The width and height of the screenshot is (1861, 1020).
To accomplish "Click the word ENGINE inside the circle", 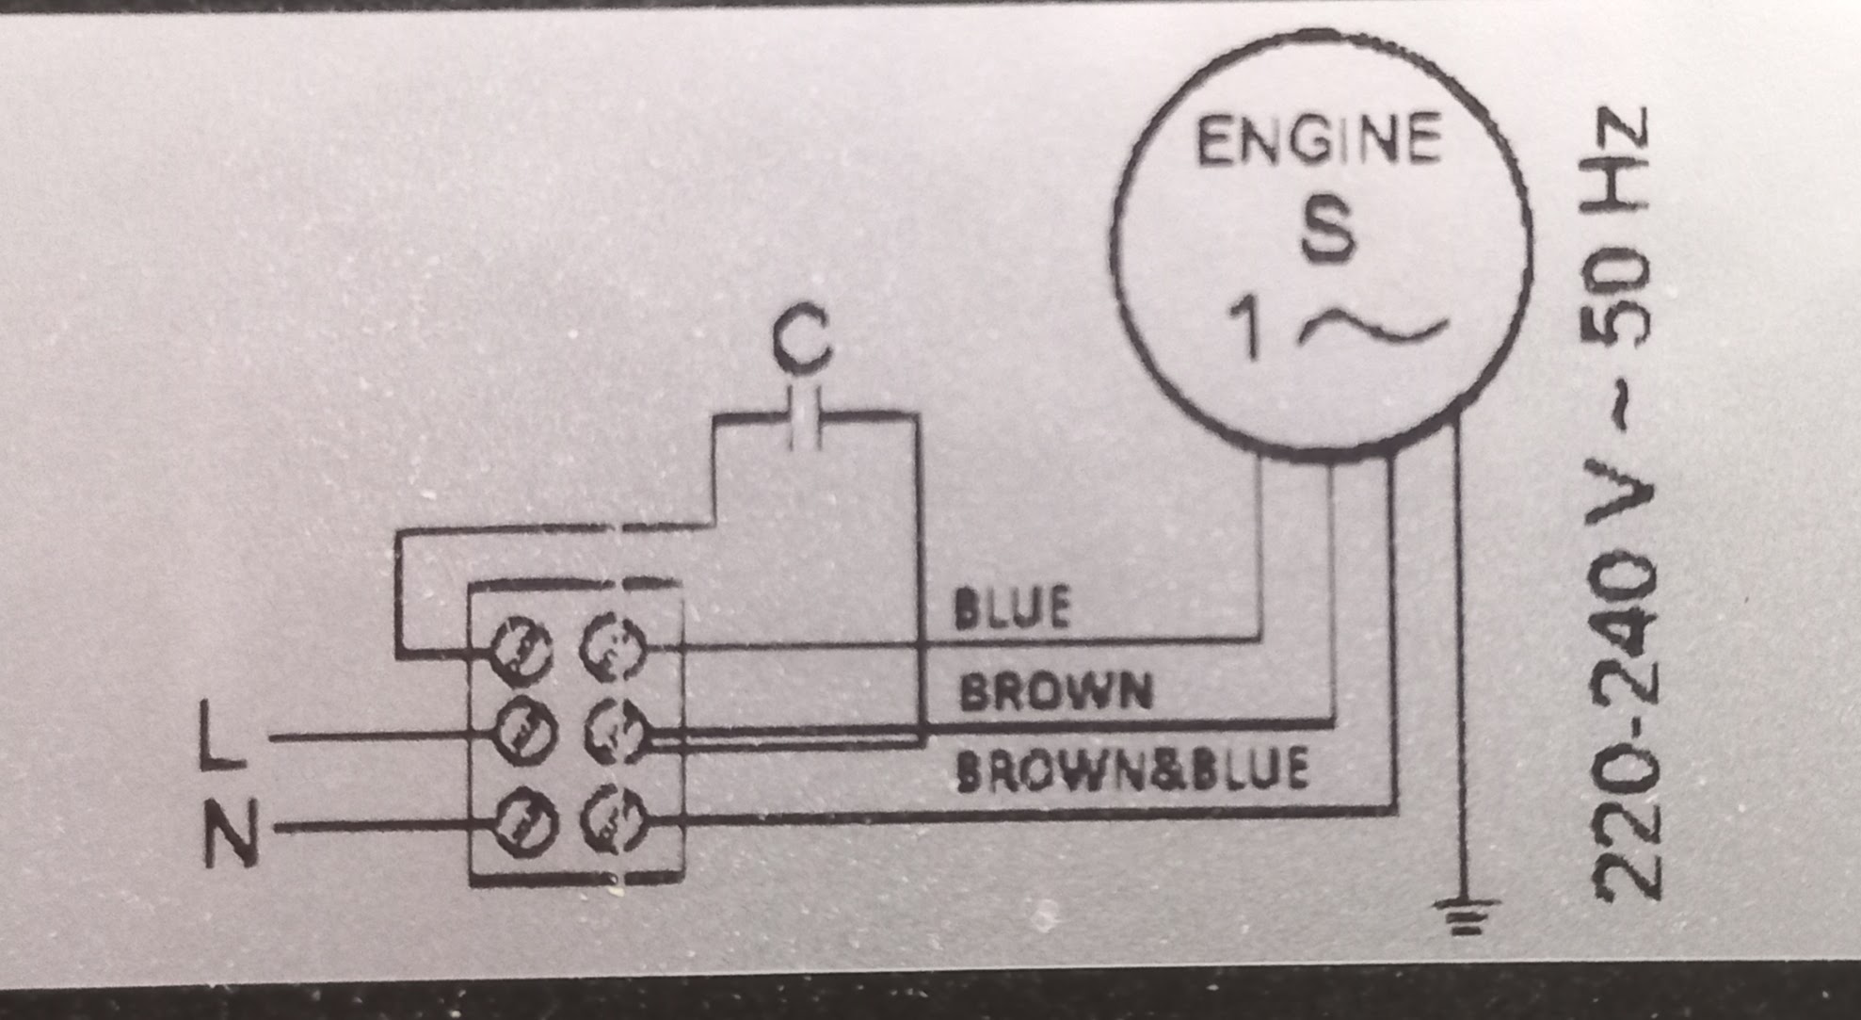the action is (1318, 140).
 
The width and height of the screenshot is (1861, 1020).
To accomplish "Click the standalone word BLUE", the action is (1012, 607).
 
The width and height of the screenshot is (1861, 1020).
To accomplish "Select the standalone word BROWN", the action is (1055, 692).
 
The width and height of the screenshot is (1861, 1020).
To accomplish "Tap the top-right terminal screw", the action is (613, 647).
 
